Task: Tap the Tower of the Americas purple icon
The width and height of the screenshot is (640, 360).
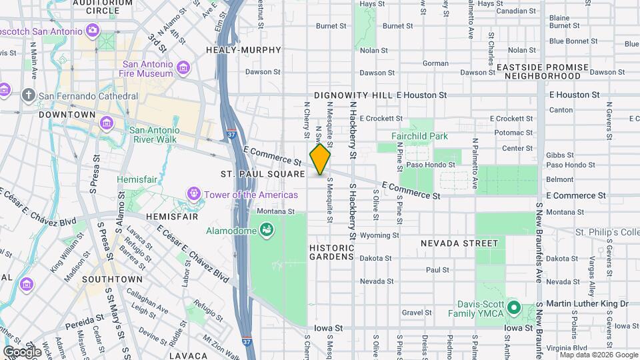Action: (x=194, y=194)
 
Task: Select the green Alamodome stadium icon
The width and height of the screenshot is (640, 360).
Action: (x=267, y=231)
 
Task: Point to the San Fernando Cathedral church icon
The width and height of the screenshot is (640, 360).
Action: (x=29, y=95)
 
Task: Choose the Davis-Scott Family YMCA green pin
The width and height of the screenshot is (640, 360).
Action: (x=513, y=308)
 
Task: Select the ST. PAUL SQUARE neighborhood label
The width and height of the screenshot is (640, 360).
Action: (x=263, y=174)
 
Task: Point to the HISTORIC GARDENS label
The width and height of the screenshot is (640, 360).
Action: (x=331, y=251)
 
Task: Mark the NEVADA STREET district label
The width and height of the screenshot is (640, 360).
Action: (x=459, y=243)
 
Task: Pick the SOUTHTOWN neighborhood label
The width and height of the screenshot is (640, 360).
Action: (x=112, y=279)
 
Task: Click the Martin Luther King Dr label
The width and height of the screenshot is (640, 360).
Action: (x=587, y=304)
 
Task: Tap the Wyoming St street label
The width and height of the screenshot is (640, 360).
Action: (x=379, y=235)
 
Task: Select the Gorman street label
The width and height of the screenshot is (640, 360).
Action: (x=435, y=63)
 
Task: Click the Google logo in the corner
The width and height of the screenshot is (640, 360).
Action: (x=22, y=351)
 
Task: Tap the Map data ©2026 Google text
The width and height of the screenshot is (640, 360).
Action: (x=597, y=355)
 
